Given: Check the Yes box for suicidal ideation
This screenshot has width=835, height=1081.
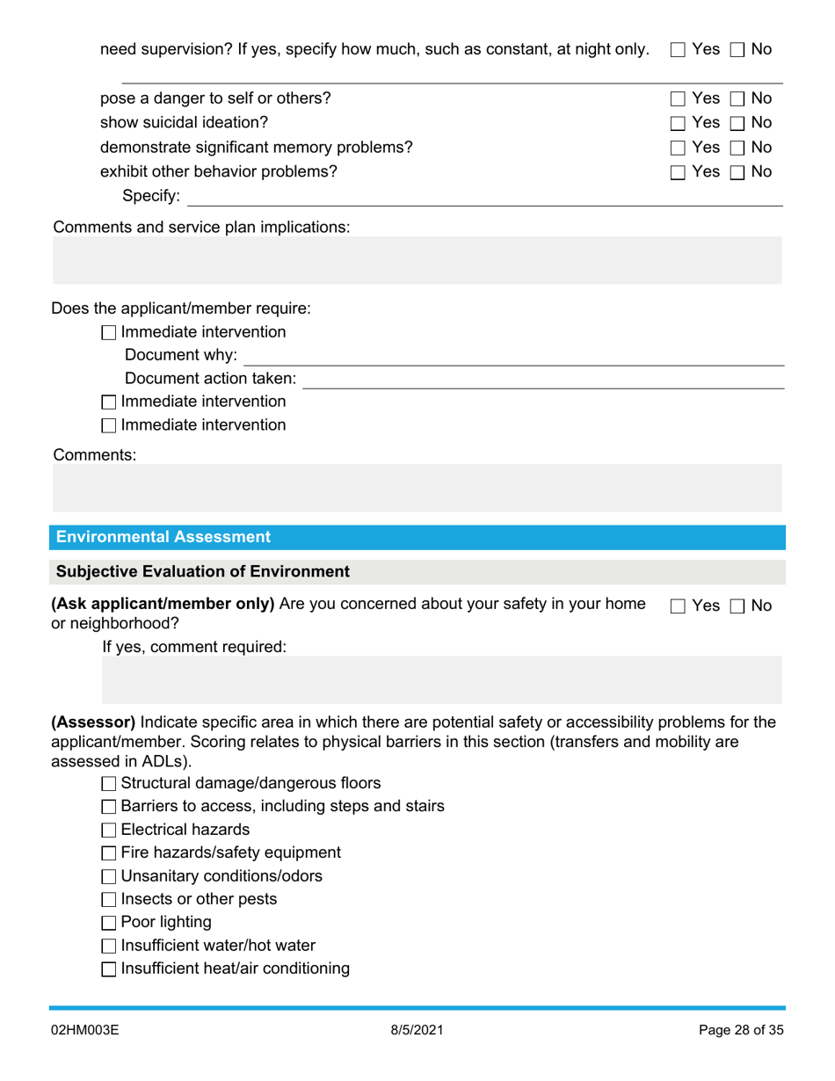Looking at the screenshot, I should point(678,123).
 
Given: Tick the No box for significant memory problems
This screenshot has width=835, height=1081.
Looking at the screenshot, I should point(737,148).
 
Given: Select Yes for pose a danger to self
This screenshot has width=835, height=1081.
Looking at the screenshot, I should point(678,99).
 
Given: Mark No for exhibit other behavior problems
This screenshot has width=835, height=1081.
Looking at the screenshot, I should point(737,172).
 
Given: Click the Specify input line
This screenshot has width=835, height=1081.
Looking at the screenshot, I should point(483,196).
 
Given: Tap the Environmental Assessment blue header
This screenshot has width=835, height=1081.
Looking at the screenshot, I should point(417,537).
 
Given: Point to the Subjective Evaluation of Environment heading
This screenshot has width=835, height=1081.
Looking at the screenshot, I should point(203,572).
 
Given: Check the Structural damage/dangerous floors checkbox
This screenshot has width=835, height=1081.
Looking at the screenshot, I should point(109,783).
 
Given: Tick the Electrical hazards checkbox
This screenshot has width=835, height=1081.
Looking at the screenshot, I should point(109,830).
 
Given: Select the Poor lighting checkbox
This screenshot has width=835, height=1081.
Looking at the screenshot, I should point(109,923).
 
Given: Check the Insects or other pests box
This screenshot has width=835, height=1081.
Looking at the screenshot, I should point(109,900).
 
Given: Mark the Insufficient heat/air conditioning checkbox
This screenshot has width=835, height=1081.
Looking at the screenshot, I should point(109,969).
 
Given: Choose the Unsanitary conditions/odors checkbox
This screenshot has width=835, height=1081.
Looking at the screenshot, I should point(109,876).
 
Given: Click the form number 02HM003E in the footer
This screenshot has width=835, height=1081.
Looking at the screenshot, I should point(84,1030).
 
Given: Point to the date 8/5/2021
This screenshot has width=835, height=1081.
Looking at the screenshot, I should point(417,1030).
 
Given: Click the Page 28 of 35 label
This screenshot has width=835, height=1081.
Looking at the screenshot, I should point(740,1030).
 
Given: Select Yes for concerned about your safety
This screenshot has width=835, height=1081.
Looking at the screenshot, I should point(678,606).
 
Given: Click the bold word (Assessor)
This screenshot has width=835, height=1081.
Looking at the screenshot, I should point(94,722).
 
